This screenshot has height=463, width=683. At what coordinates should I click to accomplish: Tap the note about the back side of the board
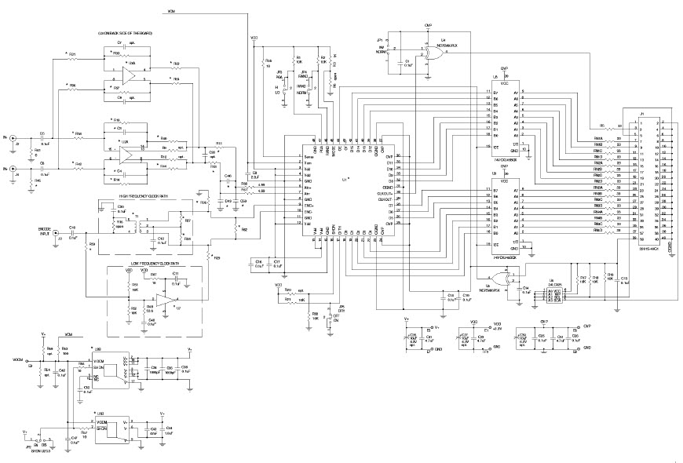click(125, 34)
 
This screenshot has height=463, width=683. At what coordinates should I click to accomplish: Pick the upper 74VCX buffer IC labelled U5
click(505, 118)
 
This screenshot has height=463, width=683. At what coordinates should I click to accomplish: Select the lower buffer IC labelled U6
click(505, 212)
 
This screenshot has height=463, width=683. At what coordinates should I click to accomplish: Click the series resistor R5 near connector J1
click(601, 125)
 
